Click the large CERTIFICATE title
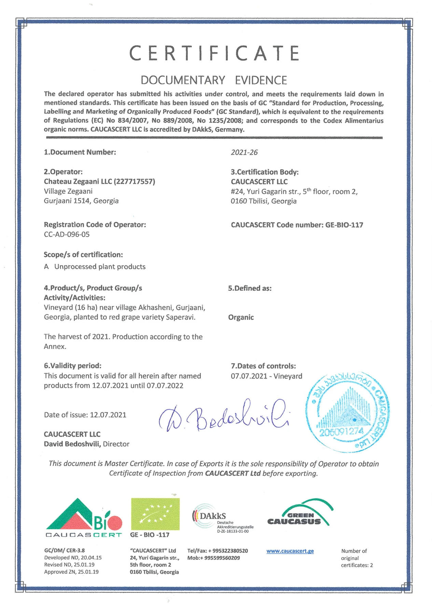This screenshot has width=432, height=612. pyautogui.click(x=214, y=53)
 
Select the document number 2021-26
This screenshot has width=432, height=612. pyautogui.click(x=244, y=152)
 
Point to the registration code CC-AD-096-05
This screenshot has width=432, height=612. pyautogui.click(x=67, y=235)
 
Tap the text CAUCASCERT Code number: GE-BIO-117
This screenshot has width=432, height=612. pyautogui.click(x=297, y=225)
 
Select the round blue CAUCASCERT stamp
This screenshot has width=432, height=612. pyautogui.click(x=347, y=412)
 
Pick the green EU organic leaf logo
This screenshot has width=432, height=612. pyautogui.click(x=155, y=514)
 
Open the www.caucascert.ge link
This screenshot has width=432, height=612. pyautogui.click(x=290, y=551)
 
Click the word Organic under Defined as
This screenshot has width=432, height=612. pyautogui.click(x=241, y=317)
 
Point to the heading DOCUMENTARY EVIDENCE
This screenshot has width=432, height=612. pyautogui.click(x=214, y=80)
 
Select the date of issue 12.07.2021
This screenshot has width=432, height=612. pyautogui.click(x=108, y=415)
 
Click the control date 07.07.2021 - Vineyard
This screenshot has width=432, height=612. pyautogui.click(x=266, y=376)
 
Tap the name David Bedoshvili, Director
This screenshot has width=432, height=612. pyautogui.click(x=86, y=444)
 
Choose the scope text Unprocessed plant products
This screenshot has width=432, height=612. pyautogui.click(x=100, y=267)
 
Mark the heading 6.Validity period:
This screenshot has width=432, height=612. pyautogui.click(x=72, y=366)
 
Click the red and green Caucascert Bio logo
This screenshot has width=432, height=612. pyautogui.click(x=84, y=518)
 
